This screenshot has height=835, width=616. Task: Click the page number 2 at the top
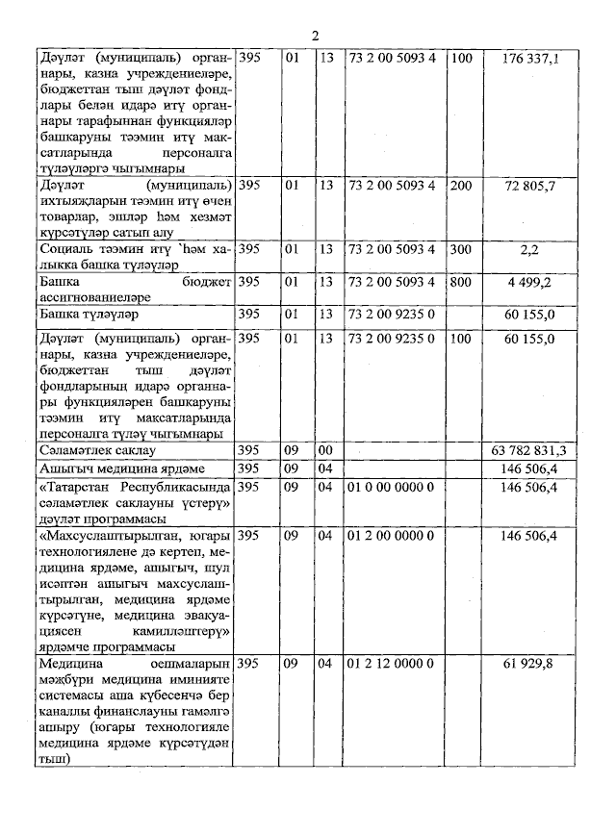tap(315, 36)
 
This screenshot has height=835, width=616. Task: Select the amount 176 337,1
tap(529, 60)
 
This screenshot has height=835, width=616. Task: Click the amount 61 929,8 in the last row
tap(530, 665)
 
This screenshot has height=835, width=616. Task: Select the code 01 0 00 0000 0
tap(390, 488)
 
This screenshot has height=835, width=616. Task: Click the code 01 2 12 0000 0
tap(390, 665)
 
